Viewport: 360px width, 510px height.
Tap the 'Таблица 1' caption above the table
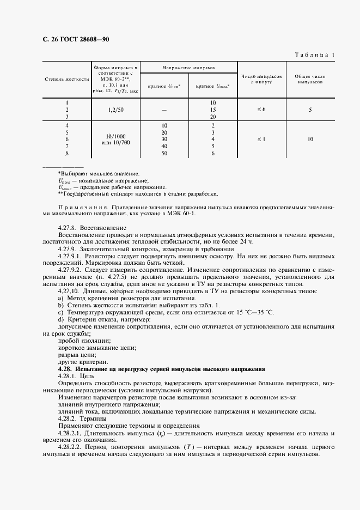click(x=316, y=54)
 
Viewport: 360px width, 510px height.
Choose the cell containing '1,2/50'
click(x=115, y=110)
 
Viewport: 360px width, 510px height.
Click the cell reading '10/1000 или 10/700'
click(x=115, y=139)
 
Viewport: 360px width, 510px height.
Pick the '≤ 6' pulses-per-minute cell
click(x=261, y=110)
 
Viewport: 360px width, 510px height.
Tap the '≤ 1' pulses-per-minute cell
click(x=261, y=139)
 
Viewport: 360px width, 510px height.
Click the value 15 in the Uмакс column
click(x=213, y=110)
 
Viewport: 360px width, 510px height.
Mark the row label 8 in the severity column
click(x=67, y=154)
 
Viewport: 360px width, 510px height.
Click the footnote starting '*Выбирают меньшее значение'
click(x=95, y=173)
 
